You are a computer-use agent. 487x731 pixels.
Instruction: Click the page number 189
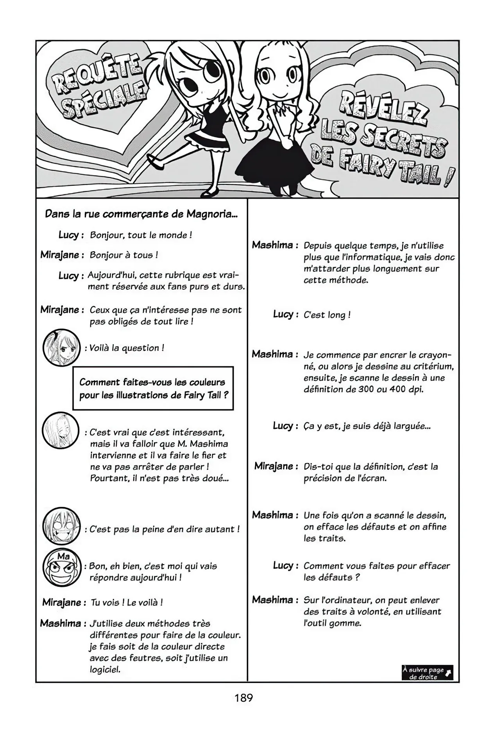pyautogui.click(x=244, y=697)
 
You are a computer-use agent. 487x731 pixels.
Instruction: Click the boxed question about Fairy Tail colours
pyautogui.click(x=153, y=388)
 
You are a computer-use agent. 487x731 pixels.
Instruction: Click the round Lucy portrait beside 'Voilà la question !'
pyautogui.click(x=61, y=347)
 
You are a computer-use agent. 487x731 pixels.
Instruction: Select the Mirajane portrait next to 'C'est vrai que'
pyautogui.click(x=61, y=431)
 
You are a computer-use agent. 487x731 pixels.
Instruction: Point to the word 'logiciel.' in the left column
pyautogui.click(x=105, y=670)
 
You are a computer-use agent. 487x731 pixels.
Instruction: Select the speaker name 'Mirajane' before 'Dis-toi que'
pyautogui.click(x=274, y=466)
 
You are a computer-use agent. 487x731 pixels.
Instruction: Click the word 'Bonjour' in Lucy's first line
pyautogui.click(x=105, y=235)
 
